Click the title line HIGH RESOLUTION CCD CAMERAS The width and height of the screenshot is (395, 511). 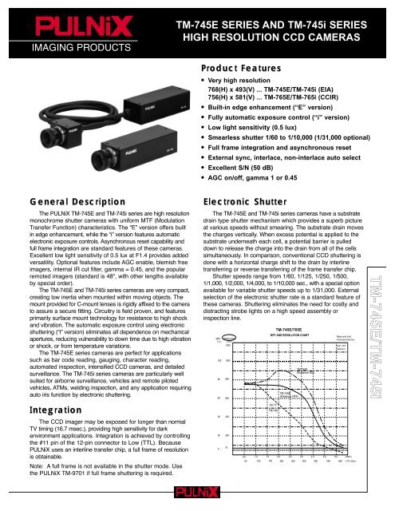click(283, 38)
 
